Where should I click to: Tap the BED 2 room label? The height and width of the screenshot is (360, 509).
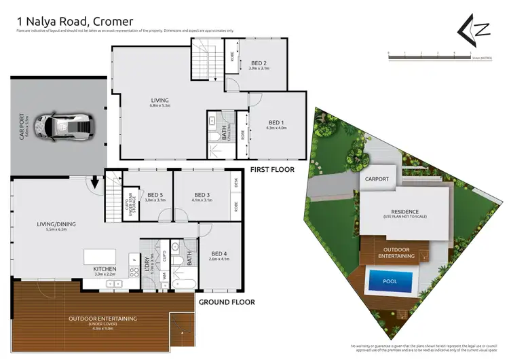[259, 62]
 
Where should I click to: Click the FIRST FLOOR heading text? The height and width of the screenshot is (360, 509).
[272, 169]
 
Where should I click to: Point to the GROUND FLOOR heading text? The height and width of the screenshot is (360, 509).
[226, 302]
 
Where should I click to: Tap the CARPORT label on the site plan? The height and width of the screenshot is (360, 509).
[377, 179]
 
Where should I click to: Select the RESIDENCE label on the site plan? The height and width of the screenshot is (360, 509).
[404, 212]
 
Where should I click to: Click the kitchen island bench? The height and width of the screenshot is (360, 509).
[100, 257]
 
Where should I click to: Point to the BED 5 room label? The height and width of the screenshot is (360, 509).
[155, 194]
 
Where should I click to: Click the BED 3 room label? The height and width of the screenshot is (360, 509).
[202, 194]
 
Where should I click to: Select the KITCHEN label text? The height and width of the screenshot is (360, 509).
[105, 270]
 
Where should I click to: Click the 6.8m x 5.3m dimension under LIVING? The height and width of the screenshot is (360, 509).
[160, 106]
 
